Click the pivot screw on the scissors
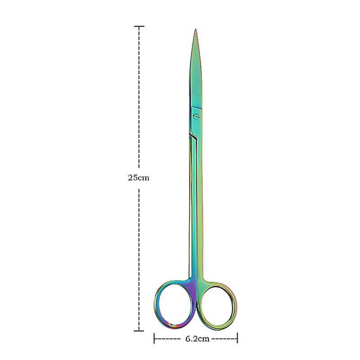(x=197, y=116)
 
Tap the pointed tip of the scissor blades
(x=195, y=29)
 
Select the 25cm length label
(x=139, y=178)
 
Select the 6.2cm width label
(x=197, y=339)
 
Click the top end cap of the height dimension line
(x=139, y=27)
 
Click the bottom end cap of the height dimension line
(x=139, y=331)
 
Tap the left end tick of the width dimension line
(x=154, y=338)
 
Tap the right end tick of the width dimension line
(x=238, y=338)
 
